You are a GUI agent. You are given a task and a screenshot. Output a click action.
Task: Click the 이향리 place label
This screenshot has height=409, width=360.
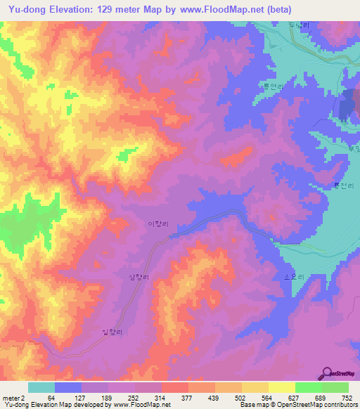(156, 224)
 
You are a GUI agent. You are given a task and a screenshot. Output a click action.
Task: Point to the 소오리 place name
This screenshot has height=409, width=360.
(293, 278)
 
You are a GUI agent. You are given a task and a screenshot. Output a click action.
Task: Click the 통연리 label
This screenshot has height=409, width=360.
(272, 86)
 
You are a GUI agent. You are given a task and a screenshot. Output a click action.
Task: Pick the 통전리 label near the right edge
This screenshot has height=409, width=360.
(340, 186)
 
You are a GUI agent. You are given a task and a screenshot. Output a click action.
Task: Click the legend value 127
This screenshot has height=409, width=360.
(80, 397)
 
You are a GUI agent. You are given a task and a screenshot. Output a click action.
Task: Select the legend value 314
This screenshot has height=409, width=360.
(162, 397)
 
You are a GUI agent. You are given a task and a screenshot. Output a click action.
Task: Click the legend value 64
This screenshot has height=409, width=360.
(51, 397)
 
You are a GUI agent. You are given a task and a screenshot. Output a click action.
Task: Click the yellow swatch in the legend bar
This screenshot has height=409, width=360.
(281, 387)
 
